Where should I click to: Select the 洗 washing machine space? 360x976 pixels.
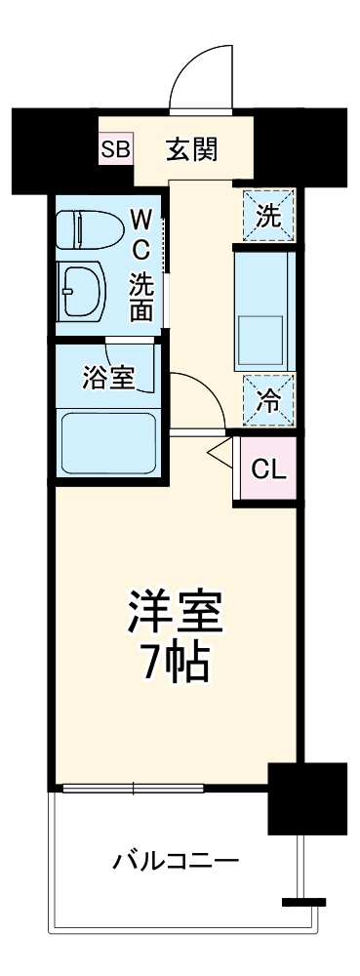click(x=267, y=216)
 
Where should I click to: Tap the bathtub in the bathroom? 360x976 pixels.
click(x=108, y=444)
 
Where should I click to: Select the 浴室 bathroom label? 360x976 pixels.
click(x=108, y=376)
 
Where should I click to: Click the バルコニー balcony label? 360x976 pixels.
click(x=176, y=862)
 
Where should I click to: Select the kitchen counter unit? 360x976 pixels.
click(x=264, y=308)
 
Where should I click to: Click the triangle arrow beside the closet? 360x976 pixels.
click(x=220, y=451)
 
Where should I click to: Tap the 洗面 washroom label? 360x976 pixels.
click(x=142, y=297)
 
